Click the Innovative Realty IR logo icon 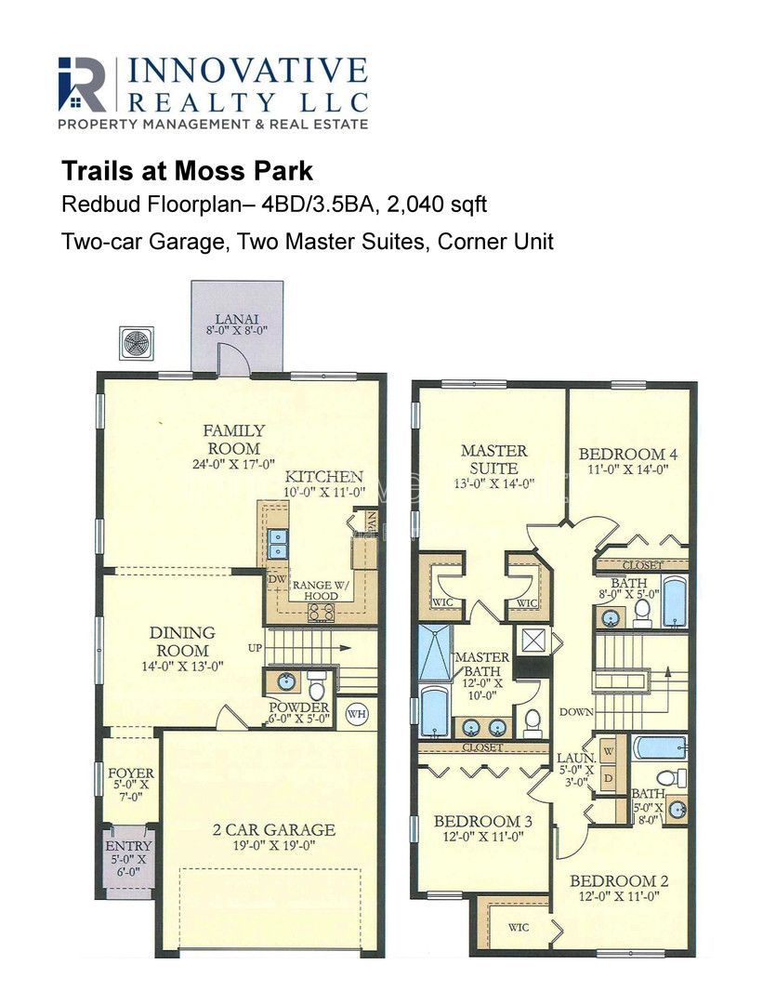(82, 84)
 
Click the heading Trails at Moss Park (187, 171)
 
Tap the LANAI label (237, 319)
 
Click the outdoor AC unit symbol (137, 343)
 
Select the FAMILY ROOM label (233, 439)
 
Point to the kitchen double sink (278, 543)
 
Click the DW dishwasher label (277, 579)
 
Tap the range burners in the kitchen (322, 613)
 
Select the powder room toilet (317, 686)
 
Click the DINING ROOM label (182, 641)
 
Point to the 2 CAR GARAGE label (274, 830)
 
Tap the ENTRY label (128, 846)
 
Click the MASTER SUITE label (494, 459)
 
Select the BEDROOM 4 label (628, 454)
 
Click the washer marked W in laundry (608, 750)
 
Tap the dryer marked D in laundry (608, 779)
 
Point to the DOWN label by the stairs (577, 711)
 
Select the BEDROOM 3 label (483, 821)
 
